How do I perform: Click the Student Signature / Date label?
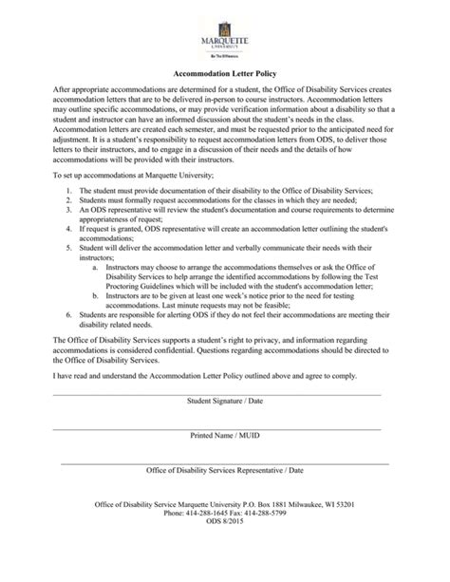point(225,400)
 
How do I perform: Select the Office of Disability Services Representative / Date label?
point(225,470)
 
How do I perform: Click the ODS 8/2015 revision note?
point(225,523)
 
